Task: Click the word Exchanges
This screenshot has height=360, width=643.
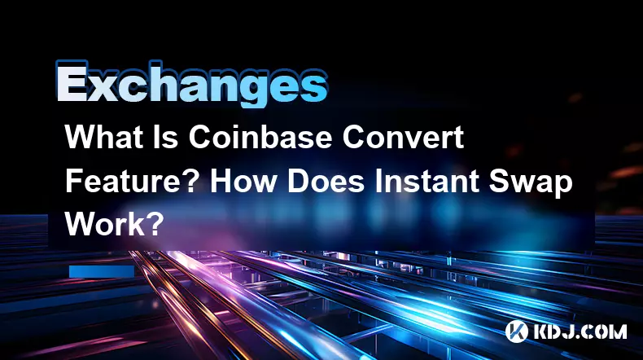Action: click(191, 85)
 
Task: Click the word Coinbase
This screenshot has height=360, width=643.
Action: click(260, 137)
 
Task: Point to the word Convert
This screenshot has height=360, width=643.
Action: click(403, 137)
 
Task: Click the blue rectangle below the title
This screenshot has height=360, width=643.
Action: click(102, 271)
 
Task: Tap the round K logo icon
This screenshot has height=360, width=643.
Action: click(516, 331)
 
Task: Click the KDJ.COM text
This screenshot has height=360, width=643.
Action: click(580, 331)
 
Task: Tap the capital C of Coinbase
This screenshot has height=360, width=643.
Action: click(199, 137)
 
